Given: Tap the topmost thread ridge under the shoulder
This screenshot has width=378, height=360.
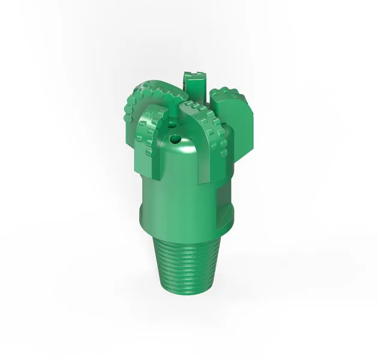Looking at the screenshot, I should (x=186, y=239).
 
